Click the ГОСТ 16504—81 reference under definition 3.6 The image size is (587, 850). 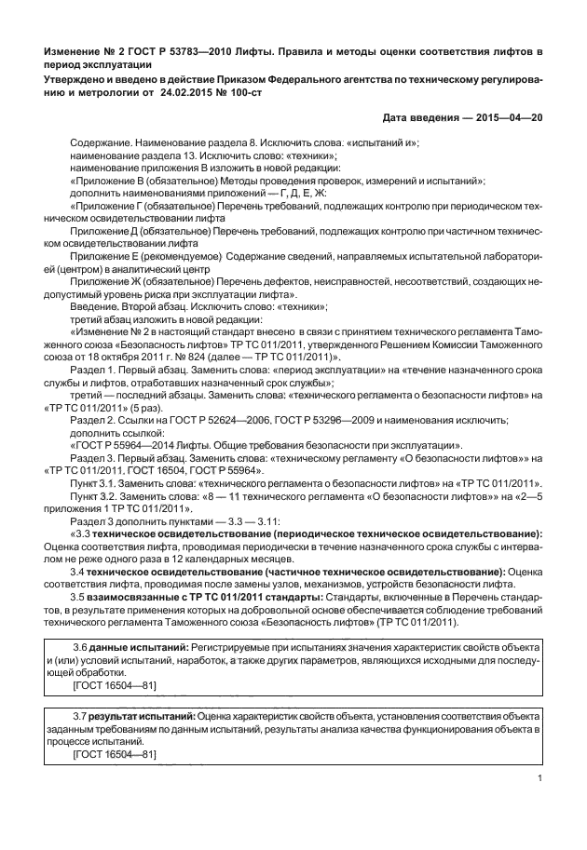[115, 684]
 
